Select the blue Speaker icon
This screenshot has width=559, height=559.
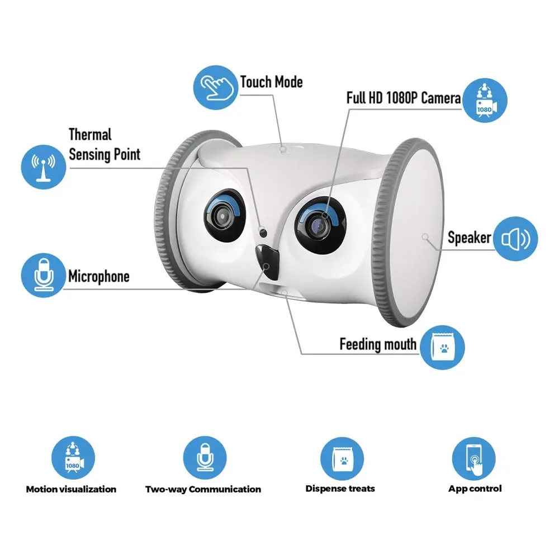(515, 239)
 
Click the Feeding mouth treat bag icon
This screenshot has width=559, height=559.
(442, 347)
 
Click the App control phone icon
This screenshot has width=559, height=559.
(475, 458)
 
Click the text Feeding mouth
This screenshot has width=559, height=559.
(378, 344)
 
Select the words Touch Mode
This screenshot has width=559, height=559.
(271, 82)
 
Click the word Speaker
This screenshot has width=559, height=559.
(469, 238)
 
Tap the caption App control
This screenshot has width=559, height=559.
(475, 489)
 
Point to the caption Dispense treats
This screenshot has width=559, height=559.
(340, 489)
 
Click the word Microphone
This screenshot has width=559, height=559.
(98, 276)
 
